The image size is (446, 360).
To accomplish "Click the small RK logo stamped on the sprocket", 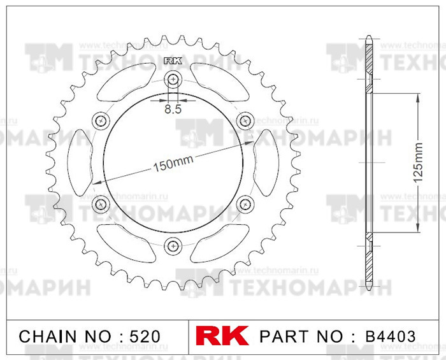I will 173,62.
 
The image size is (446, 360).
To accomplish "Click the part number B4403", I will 390,336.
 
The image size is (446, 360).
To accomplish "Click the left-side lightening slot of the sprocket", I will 80,162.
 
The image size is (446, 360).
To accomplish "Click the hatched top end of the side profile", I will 368,61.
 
